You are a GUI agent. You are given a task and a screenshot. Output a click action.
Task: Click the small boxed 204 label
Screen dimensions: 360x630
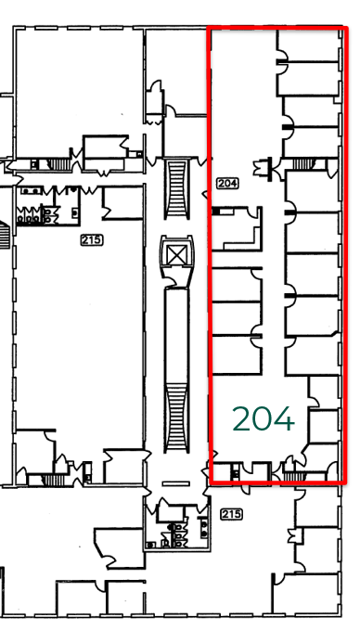point(227,183)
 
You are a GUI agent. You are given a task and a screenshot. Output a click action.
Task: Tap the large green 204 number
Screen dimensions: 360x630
point(264,418)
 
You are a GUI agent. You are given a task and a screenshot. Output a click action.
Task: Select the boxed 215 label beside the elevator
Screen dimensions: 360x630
point(92,240)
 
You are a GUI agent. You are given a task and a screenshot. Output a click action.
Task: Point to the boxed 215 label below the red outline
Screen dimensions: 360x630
point(232,514)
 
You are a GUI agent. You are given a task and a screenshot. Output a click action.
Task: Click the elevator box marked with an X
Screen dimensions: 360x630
point(177,255)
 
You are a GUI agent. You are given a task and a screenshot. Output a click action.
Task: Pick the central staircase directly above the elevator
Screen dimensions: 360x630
point(177,188)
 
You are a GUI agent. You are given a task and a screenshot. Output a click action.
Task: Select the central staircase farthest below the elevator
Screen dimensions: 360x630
point(177,417)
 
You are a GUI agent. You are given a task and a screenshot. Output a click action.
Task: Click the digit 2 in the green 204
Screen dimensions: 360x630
point(240,418)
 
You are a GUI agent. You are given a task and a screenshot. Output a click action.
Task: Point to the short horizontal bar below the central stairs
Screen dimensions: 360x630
point(176,483)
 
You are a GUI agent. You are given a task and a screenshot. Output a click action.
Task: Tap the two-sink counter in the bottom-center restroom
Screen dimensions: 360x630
point(204,528)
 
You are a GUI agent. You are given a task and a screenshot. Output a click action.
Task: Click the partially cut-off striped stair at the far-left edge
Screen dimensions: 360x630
point(4,235)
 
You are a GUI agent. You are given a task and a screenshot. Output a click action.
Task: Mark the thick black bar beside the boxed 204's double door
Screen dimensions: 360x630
point(270,167)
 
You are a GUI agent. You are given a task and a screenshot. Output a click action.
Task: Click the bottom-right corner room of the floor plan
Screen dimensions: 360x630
point(306,594)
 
